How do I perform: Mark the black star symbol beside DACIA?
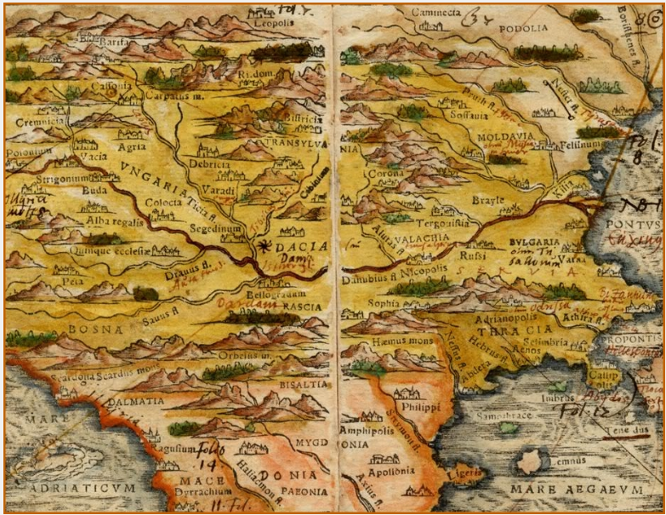[259, 246]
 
